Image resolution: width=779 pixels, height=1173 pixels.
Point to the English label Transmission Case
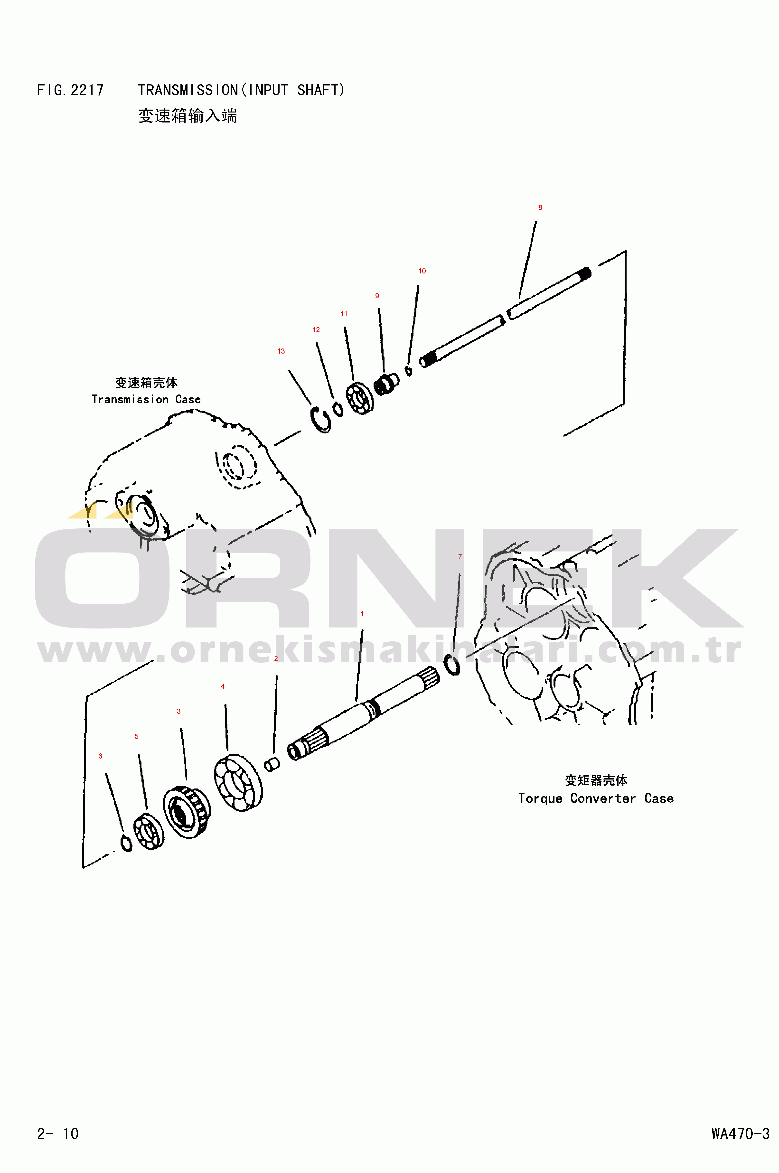click(x=146, y=399)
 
